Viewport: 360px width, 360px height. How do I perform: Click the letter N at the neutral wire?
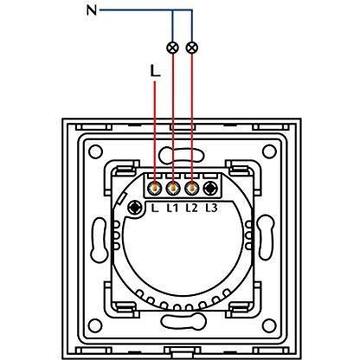coord(92,10)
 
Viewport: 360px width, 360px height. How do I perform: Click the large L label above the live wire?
coord(155,71)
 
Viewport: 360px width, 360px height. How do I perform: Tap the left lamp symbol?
coord(173,48)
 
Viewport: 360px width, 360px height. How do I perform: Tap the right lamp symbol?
coord(192,48)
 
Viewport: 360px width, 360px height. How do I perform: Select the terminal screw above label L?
coord(155,189)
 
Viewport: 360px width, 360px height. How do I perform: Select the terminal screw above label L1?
coord(173,189)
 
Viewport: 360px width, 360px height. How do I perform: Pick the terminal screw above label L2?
coord(191,189)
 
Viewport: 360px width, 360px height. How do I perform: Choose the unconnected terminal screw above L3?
coord(210,189)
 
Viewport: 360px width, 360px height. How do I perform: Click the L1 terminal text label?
coord(172,208)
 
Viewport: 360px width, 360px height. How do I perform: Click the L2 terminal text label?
coord(191,208)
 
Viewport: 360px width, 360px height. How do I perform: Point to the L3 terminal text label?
coord(211,208)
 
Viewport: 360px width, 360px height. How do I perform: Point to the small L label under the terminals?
coord(155,208)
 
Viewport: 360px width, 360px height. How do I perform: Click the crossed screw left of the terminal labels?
coord(135,208)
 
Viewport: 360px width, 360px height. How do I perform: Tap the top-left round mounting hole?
coord(95,151)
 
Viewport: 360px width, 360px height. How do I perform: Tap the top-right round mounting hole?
coord(269,151)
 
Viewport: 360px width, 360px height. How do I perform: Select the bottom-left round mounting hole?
coord(95,325)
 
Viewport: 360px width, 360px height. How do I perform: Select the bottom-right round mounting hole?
coord(269,325)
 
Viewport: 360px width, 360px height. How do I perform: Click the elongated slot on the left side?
coord(99,240)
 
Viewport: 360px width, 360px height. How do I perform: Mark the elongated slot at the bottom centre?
coord(183,321)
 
